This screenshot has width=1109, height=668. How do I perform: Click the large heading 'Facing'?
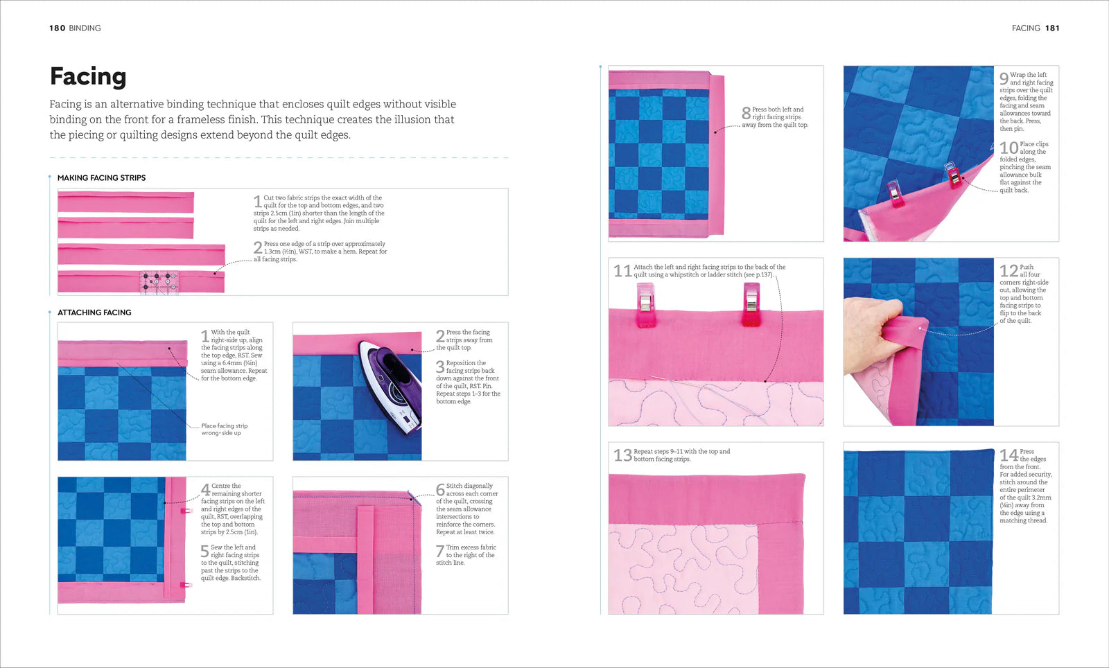pyautogui.click(x=88, y=76)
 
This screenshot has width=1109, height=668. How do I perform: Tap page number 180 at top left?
pyautogui.click(x=57, y=28)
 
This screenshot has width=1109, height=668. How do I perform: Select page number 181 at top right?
pyautogui.click(x=1052, y=28)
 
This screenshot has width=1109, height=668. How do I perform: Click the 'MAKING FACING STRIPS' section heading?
pyautogui.click(x=101, y=178)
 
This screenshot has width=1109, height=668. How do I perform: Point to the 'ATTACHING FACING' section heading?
pyautogui.click(x=94, y=313)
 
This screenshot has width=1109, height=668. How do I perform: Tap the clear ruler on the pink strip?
pyautogui.click(x=159, y=282)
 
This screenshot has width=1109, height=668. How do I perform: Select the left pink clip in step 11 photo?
pyautogui.click(x=645, y=307)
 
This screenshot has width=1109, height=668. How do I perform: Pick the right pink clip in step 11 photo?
pyautogui.click(x=751, y=306)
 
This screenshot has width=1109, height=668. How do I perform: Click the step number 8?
pyautogui.click(x=746, y=114)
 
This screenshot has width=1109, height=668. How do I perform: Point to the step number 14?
pyautogui.click(x=1008, y=455)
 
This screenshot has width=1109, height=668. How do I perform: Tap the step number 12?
pyautogui.click(x=1008, y=271)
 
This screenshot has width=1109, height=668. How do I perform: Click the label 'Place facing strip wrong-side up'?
pyautogui.click(x=224, y=430)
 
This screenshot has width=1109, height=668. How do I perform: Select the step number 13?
pyautogui.click(x=622, y=455)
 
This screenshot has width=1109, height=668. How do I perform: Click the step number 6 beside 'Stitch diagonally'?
pyautogui.click(x=440, y=490)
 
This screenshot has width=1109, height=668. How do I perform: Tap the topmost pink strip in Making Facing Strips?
pyautogui.click(x=125, y=202)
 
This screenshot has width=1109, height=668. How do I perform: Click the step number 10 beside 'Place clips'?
pyautogui.click(x=1008, y=148)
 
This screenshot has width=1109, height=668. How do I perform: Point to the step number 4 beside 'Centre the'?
pyautogui.click(x=205, y=490)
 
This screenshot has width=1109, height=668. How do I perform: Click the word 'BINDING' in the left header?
pyautogui.click(x=85, y=28)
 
